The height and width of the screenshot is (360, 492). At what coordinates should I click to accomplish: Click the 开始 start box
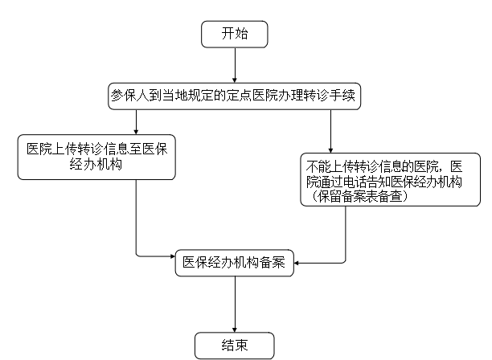click(235, 35)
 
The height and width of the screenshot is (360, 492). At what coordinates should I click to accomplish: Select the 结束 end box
click(235, 346)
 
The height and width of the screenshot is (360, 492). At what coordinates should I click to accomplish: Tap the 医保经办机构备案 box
click(235, 263)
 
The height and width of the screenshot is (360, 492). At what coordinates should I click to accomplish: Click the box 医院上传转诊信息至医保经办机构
click(96, 157)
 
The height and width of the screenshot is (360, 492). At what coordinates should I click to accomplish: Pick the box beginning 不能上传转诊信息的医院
click(391, 179)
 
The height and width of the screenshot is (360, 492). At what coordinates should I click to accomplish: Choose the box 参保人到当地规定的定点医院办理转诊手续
click(235, 96)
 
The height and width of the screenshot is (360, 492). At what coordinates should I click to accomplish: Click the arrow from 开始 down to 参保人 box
click(235, 65)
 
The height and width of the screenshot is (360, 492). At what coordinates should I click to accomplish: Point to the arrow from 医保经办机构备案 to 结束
click(235, 305)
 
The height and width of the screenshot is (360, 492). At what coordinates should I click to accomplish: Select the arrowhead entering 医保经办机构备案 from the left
click(173, 256)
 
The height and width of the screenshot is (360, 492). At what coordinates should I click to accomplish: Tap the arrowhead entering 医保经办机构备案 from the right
click(297, 263)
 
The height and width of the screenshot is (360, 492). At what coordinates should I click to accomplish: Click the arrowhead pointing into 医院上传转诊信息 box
click(136, 132)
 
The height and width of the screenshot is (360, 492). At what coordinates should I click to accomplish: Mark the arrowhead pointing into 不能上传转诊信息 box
click(330, 150)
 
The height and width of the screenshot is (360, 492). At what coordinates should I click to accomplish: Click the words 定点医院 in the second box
click(252, 96)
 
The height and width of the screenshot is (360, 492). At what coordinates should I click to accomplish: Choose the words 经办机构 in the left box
click(96, 164)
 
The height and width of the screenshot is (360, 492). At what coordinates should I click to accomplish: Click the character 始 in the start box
click(241, 34)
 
